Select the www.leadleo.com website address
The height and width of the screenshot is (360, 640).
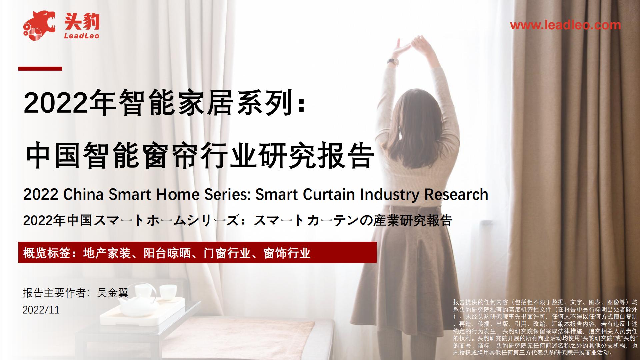point(565,25)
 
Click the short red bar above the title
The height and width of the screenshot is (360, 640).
point(40,69)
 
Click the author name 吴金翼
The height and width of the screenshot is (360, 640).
point(112,293)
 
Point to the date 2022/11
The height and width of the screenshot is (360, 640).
point(41,310)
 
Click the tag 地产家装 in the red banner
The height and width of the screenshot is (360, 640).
point(107,253)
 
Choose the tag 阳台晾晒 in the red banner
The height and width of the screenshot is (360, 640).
point(167,253)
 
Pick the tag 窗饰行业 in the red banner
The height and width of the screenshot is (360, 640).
point(287,253)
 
